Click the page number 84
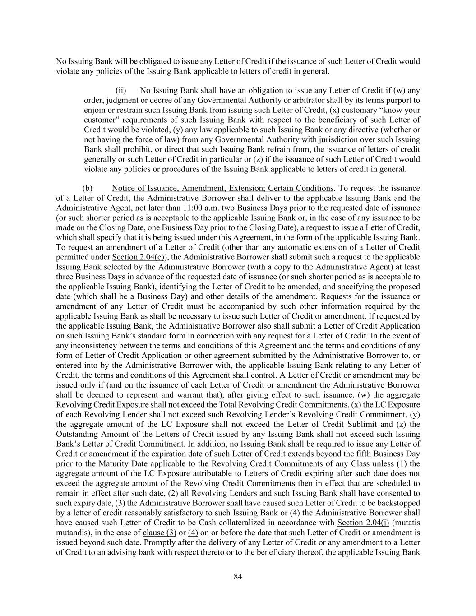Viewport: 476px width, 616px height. click(238, 576)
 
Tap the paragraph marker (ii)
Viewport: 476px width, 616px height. click(120, 90)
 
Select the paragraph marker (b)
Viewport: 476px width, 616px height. click(88, 188)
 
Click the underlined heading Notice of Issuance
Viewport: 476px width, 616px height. click(222, 188)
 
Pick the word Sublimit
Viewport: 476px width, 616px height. click(362, 424)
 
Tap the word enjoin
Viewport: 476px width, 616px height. click(94, 110)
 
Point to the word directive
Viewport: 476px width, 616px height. click(356, 130)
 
